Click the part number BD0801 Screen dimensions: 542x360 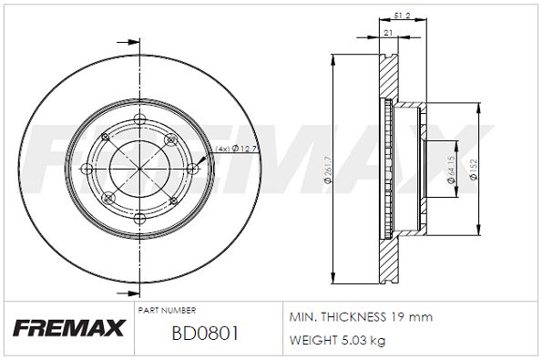click(x=205, y=334)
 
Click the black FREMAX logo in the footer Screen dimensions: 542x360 click(x=69, y=328)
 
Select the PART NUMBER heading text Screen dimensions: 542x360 click(x=167, y=310)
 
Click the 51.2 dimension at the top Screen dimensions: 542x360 click(x=403, y=15)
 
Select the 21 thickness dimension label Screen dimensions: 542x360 click(x=389, y=33)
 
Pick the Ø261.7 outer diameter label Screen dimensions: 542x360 click(x=328, y=170)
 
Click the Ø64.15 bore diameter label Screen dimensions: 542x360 click(x=451, y=170)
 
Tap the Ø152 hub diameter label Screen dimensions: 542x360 click(x=474, y=170)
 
